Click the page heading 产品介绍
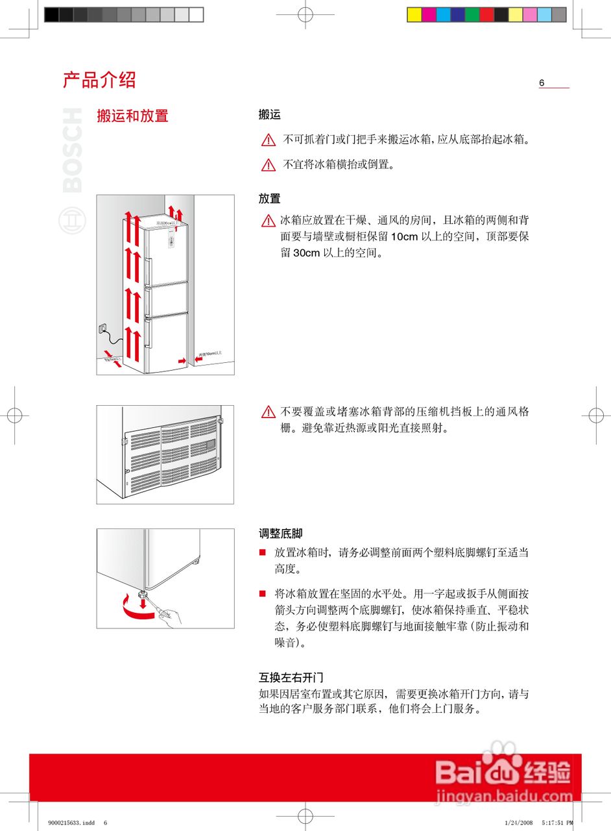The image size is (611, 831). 99,80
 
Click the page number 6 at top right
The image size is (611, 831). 542,82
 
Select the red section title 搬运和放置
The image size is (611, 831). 132,116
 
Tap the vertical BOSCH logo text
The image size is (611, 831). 72,151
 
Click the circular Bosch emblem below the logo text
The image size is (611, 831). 72,221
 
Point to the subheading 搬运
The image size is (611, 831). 269,115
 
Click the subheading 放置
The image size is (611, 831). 269,199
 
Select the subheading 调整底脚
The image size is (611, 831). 280,534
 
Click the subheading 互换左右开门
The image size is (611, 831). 291,678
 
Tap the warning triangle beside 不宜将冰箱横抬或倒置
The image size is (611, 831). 269,165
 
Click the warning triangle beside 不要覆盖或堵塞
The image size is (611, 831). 269,412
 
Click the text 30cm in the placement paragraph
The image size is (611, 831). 307,253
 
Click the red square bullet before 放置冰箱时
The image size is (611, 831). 263,552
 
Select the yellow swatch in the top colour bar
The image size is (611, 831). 414,15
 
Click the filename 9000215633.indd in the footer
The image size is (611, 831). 71,823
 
